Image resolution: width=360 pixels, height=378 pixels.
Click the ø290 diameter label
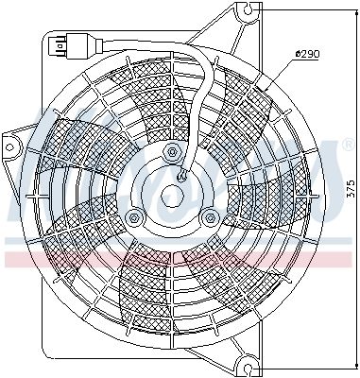(307, 54)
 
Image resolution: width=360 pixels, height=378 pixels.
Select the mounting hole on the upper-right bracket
(249, 11)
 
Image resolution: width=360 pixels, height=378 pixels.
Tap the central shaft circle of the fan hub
(172, 196)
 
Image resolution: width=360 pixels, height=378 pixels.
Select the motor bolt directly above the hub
(171, 153)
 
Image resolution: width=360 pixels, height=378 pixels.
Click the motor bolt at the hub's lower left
(135, 217)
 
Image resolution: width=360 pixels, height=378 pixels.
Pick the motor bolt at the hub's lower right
(209, 217)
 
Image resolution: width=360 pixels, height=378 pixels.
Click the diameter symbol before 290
(297, 54)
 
